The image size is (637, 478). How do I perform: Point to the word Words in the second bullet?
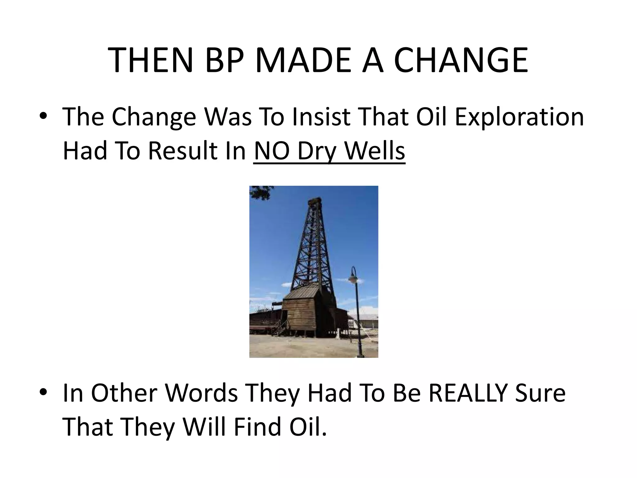pyautogui.click(x=202, y=393)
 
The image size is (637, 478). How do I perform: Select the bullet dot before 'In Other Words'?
pyautogui.click(x=43, y=392)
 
